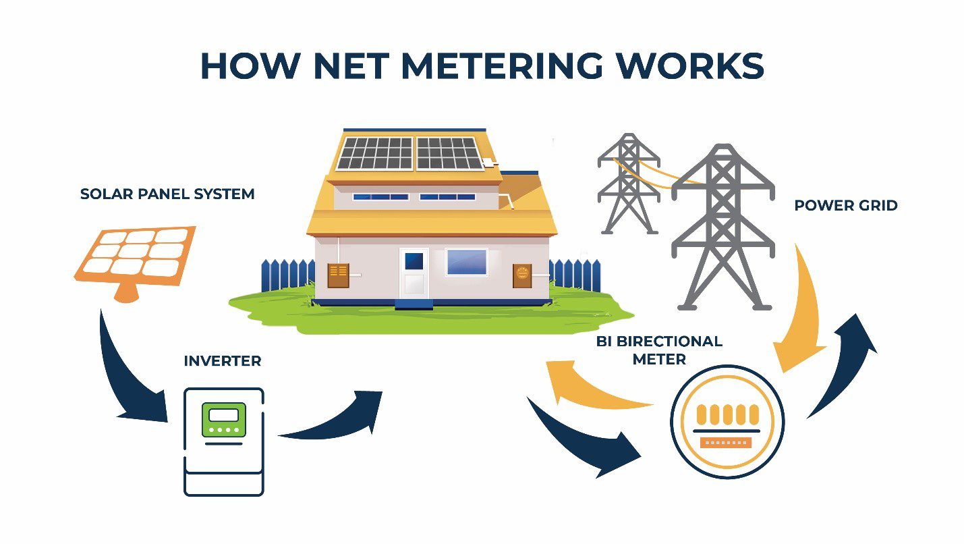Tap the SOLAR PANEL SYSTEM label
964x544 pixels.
167,194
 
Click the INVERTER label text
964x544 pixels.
222,361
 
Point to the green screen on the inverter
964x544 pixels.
223,418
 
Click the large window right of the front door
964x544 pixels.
466,262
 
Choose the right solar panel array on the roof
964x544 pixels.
449,153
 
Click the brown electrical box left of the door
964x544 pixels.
338,275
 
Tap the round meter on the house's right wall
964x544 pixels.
522,275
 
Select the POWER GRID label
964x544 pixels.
845,205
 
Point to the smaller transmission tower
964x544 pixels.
628,182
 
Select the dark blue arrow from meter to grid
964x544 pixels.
843,364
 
